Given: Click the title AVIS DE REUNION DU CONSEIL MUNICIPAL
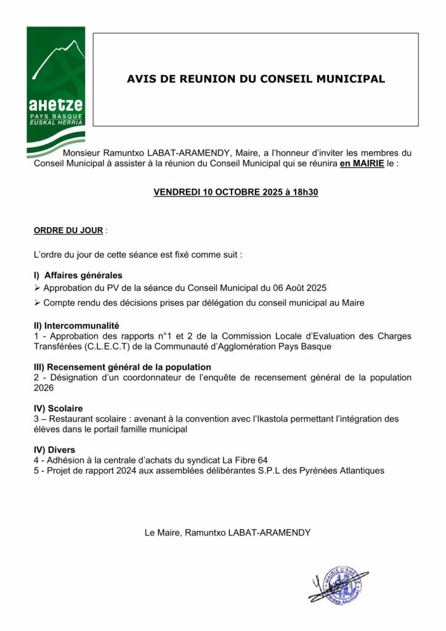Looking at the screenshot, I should click(256, 79).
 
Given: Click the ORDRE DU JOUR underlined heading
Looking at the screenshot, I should click(68, 230).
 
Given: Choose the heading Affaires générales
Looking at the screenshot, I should click(83, 275).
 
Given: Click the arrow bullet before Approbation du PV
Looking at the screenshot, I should click(38, 288).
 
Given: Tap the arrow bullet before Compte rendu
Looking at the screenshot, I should click(38, 303).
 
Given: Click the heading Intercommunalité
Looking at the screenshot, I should click(82, 325).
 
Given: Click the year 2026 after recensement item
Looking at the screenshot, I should click(44, 388).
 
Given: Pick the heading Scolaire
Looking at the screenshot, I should click(63, 408).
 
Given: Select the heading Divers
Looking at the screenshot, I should click(60, 450).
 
